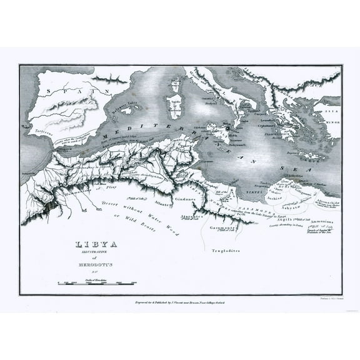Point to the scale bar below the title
94,284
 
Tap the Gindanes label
193,199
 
